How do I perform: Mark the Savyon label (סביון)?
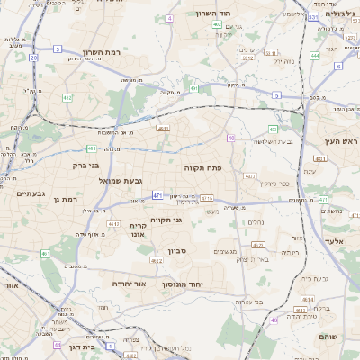tap(176, 251)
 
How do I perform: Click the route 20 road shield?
tap(34, 58)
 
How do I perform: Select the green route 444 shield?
tap(315, 56)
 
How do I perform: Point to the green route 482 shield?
tap(67, 97)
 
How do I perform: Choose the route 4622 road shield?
tap(156, 261)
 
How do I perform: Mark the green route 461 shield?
tap(44, 254)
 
